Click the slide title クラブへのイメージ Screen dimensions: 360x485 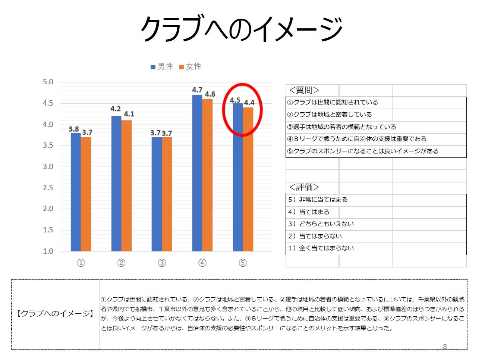242,28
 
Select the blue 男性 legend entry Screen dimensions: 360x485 162,66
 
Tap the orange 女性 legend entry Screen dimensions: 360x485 190,66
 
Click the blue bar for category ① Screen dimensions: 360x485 76,192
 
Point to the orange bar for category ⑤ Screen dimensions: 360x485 248,179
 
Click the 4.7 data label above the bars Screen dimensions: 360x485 197,90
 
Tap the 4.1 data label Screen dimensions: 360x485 129,114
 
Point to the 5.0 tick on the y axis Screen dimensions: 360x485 48,82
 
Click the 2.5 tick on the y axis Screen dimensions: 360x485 48,188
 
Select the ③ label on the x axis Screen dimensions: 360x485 162,263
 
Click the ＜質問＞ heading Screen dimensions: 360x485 304,90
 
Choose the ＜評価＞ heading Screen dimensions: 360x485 304,187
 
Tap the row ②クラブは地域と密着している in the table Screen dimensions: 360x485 330,115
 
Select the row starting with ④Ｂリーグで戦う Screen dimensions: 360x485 356,139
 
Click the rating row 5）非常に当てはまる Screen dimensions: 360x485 318,200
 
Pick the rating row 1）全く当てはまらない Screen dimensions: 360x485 321,248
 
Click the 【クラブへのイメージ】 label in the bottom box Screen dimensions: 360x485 55,314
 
